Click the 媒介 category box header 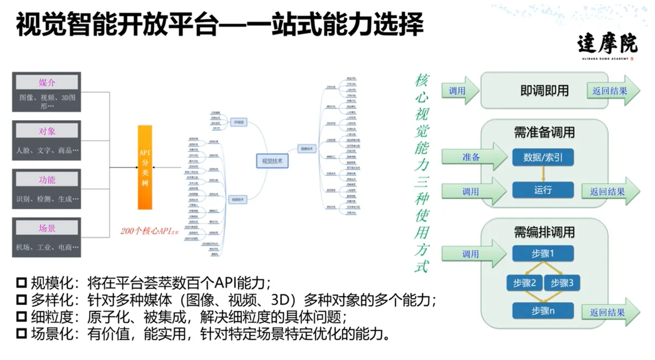coord(47,83)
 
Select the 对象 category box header coord(47,131)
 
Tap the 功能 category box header coord(47,180)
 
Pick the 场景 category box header coord(47,228)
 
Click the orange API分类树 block coord(145,167)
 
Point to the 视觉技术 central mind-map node coord(272,161)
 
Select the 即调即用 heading coord(544,90)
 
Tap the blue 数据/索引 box coord(543,157)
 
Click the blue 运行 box coord(543,190)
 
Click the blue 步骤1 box coord(543,254)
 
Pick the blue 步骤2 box coord(524,283)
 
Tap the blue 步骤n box coord(543,310)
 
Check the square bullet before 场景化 coord(22,334)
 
